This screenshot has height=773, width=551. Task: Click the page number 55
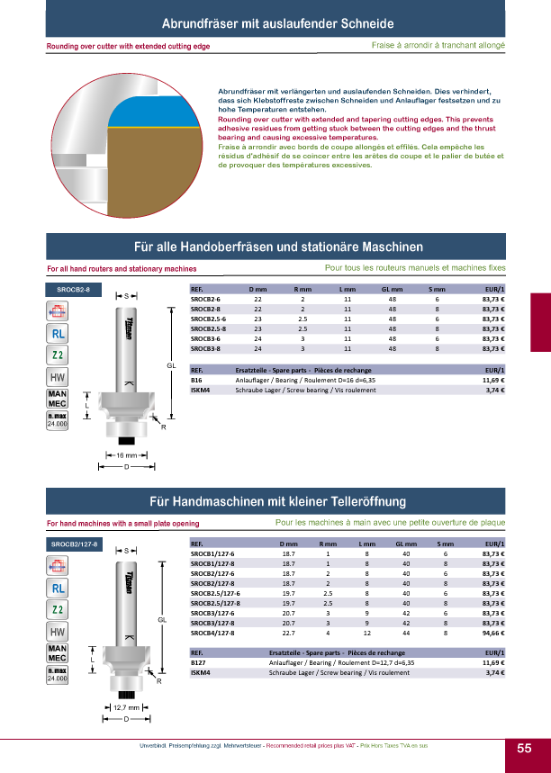(x=524, y=749)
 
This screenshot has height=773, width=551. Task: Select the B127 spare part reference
(x=198, y=662)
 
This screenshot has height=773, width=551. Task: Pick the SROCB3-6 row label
(x=206, y=338)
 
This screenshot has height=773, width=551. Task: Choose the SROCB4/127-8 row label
(x=212, y=633)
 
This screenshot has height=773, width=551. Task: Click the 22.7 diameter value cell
(x=289, y=633)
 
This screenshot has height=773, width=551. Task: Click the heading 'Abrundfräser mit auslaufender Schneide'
(x=275, y=22)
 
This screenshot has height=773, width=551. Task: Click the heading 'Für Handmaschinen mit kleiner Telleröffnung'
(x=277, y=501)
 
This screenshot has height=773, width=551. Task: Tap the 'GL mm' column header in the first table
(x=392, y=290)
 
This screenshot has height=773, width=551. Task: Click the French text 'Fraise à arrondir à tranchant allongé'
(x=438, y=44)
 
